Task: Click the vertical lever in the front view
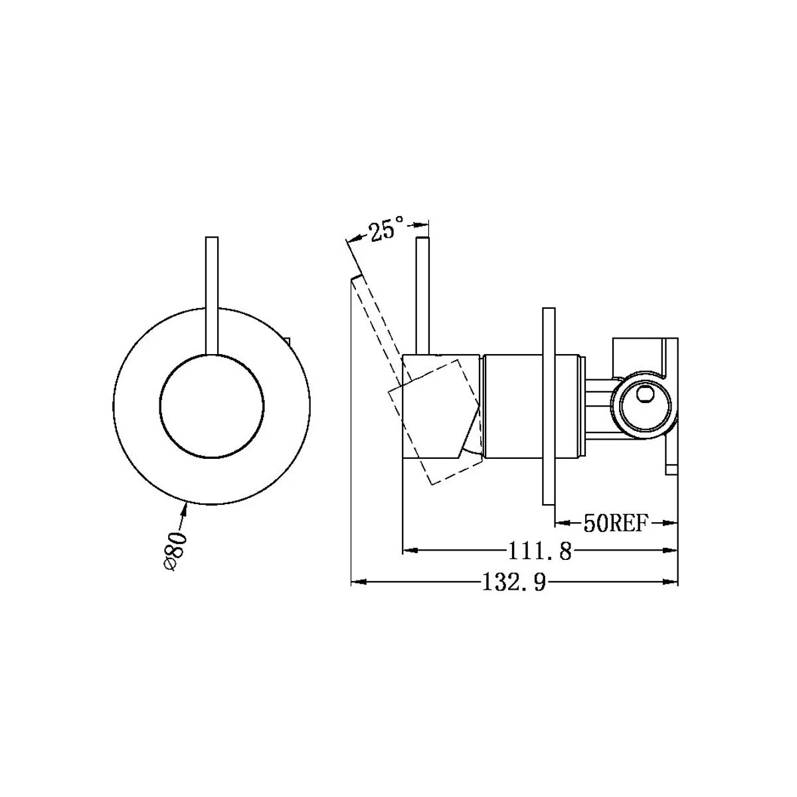pyautogui.click(x=213, y=292)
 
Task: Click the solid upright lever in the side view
pyautogui.click(x=422, y=292)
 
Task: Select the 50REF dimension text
pyautogui.click(x=615, y=523)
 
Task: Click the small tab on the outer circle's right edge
pyautogui.click(x=288, y=342)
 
